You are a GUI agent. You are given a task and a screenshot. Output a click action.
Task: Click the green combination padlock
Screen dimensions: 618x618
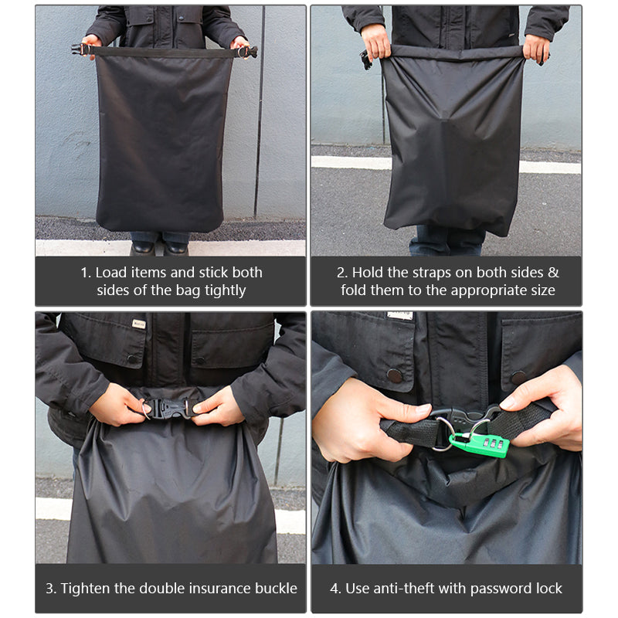(x=479, y=443)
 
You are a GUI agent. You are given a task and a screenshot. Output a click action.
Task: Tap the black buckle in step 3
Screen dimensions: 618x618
(x=168, y=407)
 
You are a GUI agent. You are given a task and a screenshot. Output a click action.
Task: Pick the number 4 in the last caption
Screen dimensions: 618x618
(x=334, y=588)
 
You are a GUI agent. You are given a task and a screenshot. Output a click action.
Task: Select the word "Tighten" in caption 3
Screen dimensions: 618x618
(x=86, y=588)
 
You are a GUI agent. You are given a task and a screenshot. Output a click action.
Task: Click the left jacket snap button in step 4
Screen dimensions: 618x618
(x=394, y=375)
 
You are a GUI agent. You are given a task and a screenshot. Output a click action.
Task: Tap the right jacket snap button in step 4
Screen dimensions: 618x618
(x=518, y=378)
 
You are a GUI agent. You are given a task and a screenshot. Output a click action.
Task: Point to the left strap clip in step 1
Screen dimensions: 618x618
(x=78, y=49)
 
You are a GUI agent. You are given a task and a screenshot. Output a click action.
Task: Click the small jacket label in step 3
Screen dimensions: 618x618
(x=138, y=324)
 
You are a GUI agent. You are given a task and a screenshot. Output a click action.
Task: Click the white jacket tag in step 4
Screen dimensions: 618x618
(x=400, y=316)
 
